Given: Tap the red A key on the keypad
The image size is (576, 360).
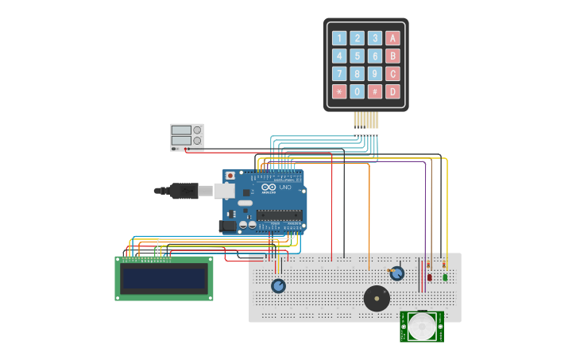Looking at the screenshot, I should click(392, 38).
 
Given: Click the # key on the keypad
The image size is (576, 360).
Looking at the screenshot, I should click(375, 91).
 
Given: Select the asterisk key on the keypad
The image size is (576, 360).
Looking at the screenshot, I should click(339, 91).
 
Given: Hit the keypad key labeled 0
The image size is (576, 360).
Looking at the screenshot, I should click(358, 91).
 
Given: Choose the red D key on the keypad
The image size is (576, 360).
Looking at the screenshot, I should click(392, 91).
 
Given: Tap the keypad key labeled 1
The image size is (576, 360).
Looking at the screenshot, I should click(339, 38).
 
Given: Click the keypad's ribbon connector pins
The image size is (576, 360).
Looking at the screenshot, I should click(366, 120).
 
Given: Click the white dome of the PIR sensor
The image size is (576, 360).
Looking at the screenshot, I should click(422, 326).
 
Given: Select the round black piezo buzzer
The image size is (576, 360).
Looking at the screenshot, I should click(377, 299).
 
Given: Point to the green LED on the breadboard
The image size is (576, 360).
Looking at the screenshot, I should click(445, 277).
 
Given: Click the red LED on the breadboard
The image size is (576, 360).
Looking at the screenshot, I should click(430, 277).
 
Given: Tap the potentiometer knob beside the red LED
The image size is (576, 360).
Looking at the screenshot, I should click(397, 273).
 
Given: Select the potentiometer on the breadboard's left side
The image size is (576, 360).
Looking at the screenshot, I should click(278, 286).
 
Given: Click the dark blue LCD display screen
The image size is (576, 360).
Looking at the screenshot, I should click(164, 279).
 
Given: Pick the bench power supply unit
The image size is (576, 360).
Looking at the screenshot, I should click(187, 137).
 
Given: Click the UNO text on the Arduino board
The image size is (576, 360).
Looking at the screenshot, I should click(284, 188).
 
